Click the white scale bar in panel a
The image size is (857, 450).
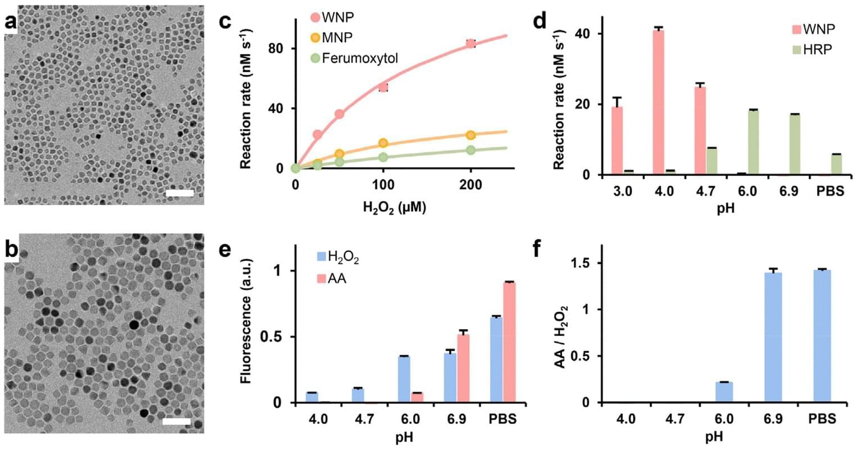180,193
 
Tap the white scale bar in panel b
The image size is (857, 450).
177,421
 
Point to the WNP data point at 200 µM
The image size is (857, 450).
470,44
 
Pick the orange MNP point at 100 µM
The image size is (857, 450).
383,143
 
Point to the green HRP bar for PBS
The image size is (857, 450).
836,164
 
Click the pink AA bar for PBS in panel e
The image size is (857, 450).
510,342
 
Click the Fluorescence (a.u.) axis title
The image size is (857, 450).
246,321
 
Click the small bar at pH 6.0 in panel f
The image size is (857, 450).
724,392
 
